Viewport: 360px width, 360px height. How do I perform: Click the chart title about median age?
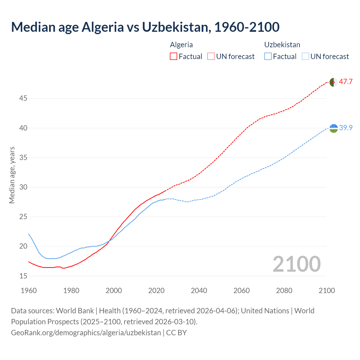point(145,27)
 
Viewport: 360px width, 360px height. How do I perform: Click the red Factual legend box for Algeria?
point(174,57)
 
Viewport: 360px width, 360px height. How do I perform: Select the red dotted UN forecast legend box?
point(211,57)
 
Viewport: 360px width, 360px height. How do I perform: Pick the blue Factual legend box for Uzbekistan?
point(268,57)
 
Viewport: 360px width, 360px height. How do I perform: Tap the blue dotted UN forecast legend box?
point(305,57)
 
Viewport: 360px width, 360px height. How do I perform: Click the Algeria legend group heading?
point(181,45)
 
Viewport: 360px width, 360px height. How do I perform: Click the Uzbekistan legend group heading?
point(282,45)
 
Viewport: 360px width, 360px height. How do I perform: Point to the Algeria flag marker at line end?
point(334,82)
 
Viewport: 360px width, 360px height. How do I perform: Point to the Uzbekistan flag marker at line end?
point(334,128)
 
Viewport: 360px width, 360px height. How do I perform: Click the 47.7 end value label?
point(346,82)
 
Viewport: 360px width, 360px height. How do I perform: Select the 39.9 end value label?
point(346,128)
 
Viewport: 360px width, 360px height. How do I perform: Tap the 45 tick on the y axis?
point(23,98)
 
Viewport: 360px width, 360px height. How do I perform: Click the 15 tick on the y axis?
point(23,276)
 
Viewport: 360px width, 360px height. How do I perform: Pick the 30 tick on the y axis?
point(23,187)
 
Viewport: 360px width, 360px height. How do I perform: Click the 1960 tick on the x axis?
point(29,291)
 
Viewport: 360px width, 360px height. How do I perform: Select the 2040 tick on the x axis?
point(199,291)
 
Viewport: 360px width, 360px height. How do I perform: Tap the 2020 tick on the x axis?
point(156,291)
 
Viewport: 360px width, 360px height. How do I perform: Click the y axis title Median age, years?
point(12,175)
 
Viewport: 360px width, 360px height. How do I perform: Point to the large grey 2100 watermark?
point(296,264)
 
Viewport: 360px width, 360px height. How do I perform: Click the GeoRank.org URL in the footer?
point(86,333)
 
